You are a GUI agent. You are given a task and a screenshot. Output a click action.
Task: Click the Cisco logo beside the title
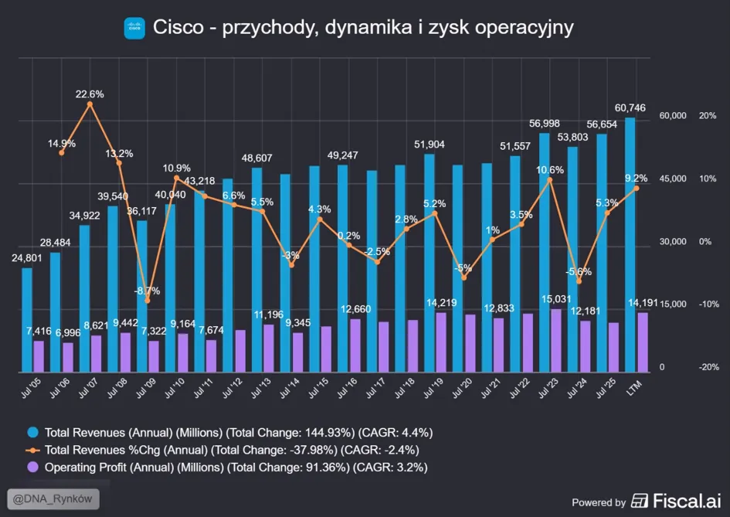[134, 28]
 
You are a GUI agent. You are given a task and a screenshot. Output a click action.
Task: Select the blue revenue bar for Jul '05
[27, 320]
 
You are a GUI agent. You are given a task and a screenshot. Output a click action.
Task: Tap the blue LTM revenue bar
[630, 245]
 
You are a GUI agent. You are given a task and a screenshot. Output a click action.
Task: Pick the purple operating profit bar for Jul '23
[556, 341]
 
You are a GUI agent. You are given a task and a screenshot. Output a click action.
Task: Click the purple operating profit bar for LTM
[643, 342]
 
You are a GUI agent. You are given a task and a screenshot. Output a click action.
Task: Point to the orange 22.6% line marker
[90, 104]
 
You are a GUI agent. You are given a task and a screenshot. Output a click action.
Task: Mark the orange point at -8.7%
[148, 301]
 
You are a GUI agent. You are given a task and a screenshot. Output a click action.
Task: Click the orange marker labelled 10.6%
[550, 180]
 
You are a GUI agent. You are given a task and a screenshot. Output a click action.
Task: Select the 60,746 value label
[630, 108]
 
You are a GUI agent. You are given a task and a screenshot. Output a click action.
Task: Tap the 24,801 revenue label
[26, 258]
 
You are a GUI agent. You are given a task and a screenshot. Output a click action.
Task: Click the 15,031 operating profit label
[556, 299]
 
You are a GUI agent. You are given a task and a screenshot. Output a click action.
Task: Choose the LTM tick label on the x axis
[633, 388]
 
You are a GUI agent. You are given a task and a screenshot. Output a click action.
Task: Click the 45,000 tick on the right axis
[673, 179]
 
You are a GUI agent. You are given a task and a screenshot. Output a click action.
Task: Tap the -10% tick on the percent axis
[708, 304]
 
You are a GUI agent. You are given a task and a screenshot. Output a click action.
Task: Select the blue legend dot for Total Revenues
[32, 432]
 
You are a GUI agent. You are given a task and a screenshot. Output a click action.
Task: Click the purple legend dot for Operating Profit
[32, 468]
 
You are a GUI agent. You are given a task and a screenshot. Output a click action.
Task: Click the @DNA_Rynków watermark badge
[53, 498]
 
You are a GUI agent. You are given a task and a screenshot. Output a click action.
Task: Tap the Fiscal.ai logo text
[687, 501]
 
